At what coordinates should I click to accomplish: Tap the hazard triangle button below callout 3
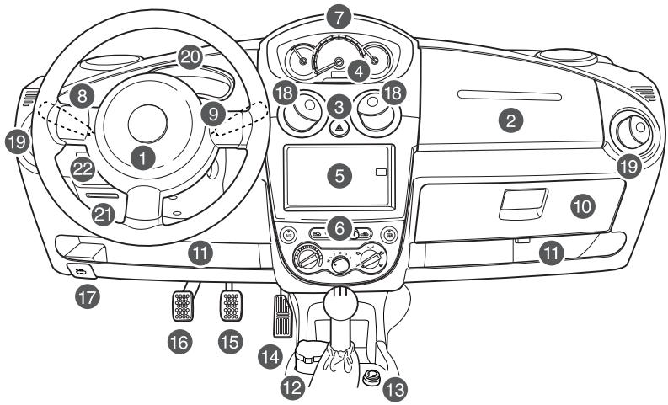(339, 128)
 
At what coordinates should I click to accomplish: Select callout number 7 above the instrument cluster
(339, 17)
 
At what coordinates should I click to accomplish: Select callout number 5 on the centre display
(339, 176)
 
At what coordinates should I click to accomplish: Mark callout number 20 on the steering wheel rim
(189, 56)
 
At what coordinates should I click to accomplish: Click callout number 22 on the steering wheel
(80, 168)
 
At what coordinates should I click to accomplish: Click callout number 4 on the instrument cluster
(360, 72)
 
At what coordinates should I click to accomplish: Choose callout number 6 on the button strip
(339, 227)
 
